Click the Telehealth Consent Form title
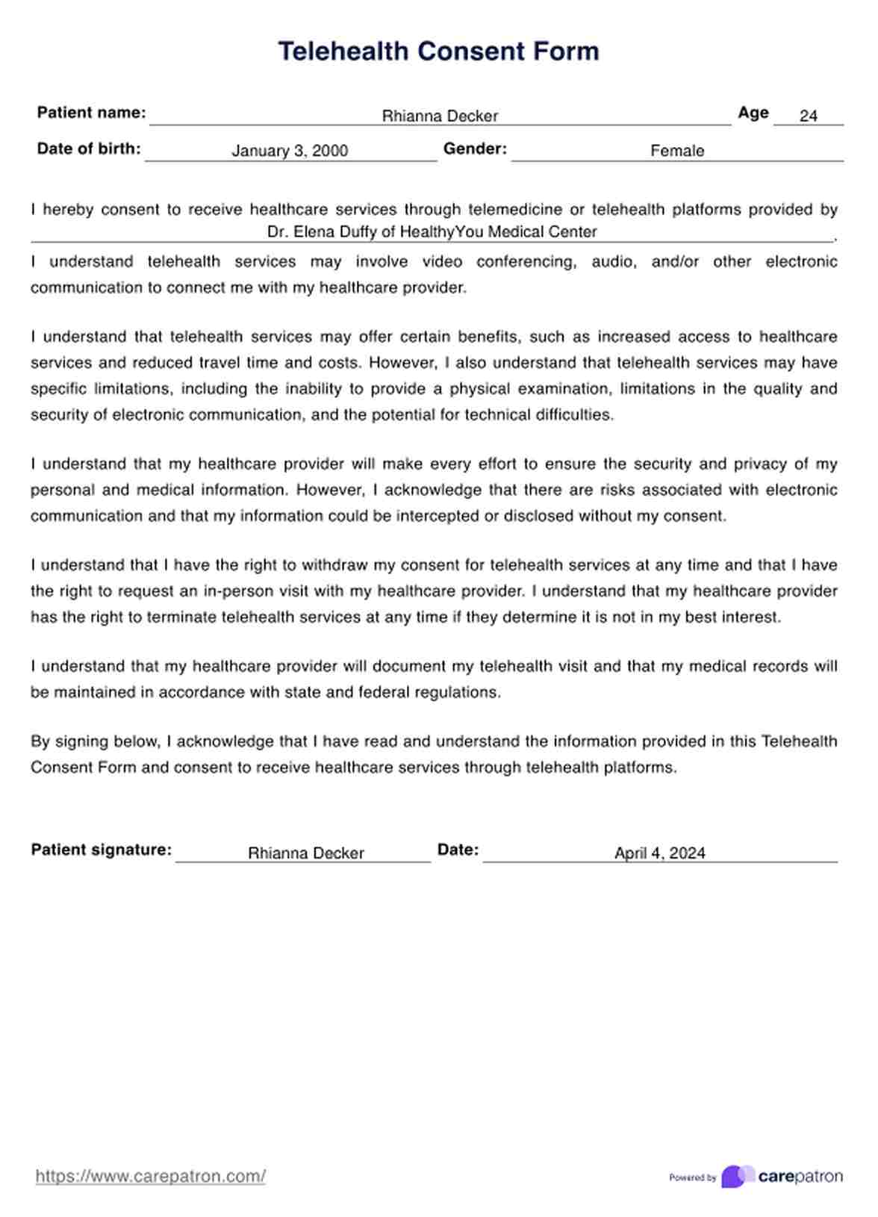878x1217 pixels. (438, 51)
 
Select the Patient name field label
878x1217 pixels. (91, 113)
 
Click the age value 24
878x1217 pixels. (808, 116)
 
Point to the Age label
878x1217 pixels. (753, 113)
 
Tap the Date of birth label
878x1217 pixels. (89, 149)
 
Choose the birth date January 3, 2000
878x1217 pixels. (290, 151)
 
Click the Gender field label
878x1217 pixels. (475, 149)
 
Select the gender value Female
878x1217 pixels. (677, 151)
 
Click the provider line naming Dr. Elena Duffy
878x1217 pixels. (432, 232)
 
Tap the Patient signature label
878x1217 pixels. (101, 850)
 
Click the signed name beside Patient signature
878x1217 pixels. (305, 853)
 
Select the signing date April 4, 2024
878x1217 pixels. (659, 853)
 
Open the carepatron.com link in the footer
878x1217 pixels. (150, 1177)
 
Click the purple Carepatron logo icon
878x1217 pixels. (737, 1177)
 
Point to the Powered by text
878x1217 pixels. (692, 1177)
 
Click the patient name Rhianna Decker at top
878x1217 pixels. (440, 116)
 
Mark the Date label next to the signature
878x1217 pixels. (458, 850)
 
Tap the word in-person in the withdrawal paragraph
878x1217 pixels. (233, 591)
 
